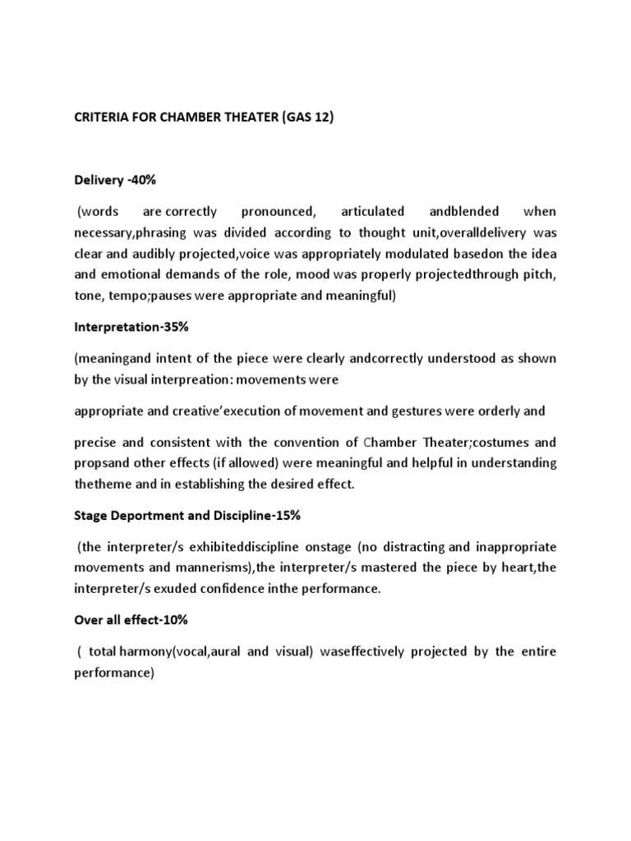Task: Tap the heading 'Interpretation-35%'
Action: point(131,327)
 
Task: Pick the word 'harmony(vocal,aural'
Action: point(182,651)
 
